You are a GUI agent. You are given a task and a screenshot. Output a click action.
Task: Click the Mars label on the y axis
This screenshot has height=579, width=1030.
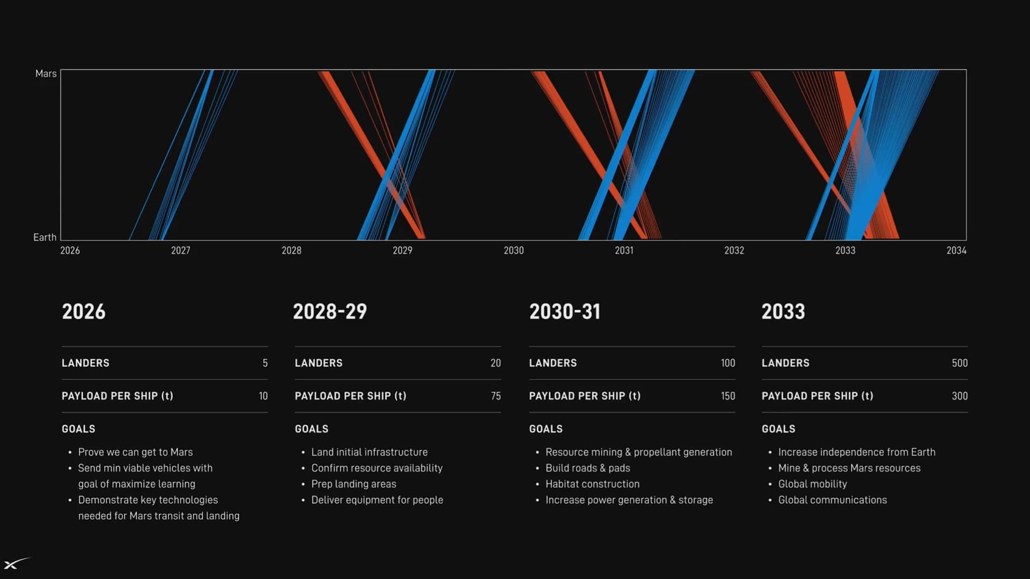coord(46,73)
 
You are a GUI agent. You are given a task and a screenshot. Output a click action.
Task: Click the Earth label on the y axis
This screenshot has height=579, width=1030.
coord(45,237)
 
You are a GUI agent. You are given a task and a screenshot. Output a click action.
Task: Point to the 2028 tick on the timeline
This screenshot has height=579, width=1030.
coord(291,250)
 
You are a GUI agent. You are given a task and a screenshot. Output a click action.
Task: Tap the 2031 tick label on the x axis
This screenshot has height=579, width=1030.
coord(624,250)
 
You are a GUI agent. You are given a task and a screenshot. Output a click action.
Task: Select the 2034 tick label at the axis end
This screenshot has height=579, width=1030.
coord(957,250)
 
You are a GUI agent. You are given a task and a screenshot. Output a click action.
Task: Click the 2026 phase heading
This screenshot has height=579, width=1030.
coord(84,311)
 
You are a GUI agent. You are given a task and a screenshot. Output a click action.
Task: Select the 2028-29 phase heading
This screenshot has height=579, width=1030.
coord(330,311)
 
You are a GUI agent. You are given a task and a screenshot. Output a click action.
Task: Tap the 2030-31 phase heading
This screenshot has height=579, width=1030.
coord(565,311)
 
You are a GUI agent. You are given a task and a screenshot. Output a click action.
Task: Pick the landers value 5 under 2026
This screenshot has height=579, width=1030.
coord(265,363)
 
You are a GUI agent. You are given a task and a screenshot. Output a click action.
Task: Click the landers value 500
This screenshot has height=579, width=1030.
coord(960,363)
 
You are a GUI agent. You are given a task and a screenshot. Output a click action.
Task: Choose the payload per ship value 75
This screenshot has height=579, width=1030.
coord(496,396)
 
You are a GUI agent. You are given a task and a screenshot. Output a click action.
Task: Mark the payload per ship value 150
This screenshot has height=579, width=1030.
coord(728,396)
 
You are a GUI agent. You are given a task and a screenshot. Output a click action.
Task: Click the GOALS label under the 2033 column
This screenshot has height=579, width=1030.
coord(778,429)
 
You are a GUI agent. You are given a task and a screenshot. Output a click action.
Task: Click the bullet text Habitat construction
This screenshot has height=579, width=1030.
coord(592,484)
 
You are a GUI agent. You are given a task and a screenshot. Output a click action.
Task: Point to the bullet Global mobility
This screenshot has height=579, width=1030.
coord(812,484)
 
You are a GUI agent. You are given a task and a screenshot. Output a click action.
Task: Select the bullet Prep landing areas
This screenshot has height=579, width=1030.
coord(354,484)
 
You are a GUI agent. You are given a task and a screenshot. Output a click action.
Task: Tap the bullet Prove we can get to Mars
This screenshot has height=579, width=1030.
coord(135,452)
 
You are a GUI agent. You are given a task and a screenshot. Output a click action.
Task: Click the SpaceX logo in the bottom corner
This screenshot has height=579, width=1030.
coord(17,563)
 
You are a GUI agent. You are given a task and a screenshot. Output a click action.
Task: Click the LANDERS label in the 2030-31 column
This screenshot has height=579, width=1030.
coord(553,363)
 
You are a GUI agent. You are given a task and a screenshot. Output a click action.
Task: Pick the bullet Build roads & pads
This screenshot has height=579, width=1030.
coord(587,468)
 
